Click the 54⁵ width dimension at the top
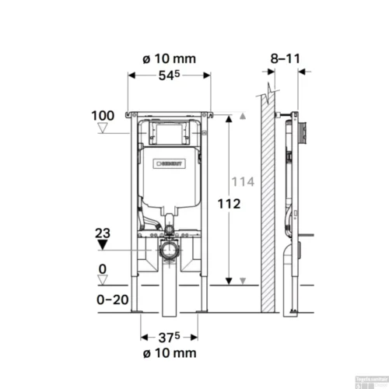point(170,75)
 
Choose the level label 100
point(103,115)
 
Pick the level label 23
point(103,232)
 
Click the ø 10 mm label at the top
point(170,58)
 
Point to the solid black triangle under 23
point(103,246)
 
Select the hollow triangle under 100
point(103,129)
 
